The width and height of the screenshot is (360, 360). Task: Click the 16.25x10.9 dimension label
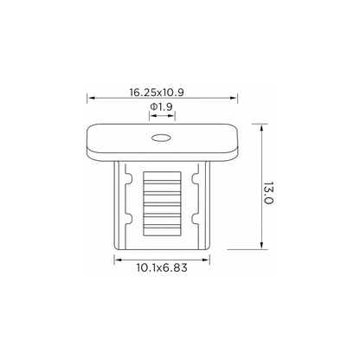coord(157,93)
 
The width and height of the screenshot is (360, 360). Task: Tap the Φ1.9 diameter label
coord(161,106)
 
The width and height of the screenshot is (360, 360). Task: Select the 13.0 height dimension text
coord(268,193)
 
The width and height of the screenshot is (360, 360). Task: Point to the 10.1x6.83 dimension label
coord(162,267)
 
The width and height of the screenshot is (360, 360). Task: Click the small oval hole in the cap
coord(161,138)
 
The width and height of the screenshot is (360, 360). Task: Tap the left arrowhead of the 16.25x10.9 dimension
coord(91,98)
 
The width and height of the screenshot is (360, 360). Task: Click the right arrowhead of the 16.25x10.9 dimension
coord(233,98)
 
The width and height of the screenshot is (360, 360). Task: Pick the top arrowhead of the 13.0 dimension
coord(261,129)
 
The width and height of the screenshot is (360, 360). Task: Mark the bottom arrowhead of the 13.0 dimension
coord(261,245)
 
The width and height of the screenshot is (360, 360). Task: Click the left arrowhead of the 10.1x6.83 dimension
coord(119,260)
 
